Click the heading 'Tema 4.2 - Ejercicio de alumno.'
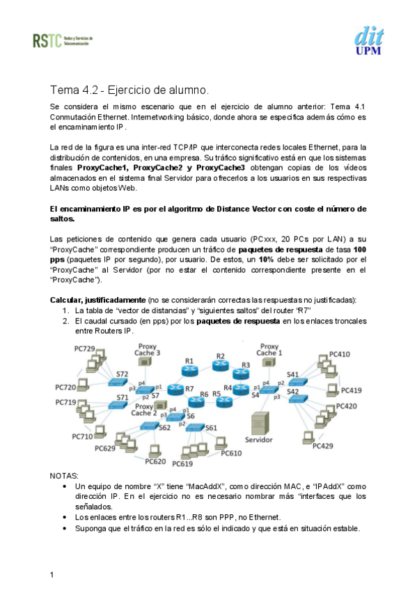[129, 90]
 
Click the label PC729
[84, 348]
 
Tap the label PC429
[323, 446]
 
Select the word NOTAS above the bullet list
[65, 475]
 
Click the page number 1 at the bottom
[52, 574]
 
